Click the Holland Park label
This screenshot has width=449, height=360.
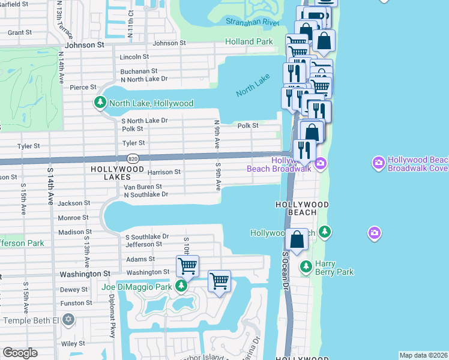[249, 41]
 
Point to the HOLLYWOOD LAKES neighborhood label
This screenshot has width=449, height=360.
[118, 170]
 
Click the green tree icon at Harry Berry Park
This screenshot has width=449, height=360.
[306, 265]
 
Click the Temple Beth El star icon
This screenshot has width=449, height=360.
[68, 318]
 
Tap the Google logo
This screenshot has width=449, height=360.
[20, 353]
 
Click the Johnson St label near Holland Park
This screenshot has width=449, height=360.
[173, 43]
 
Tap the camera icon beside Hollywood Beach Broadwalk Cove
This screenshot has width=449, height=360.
[378, 163]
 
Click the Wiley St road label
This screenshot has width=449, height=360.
[73, 344]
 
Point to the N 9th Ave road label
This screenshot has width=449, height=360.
[217, 133]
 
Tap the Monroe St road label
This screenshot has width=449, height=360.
[74, 218]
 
